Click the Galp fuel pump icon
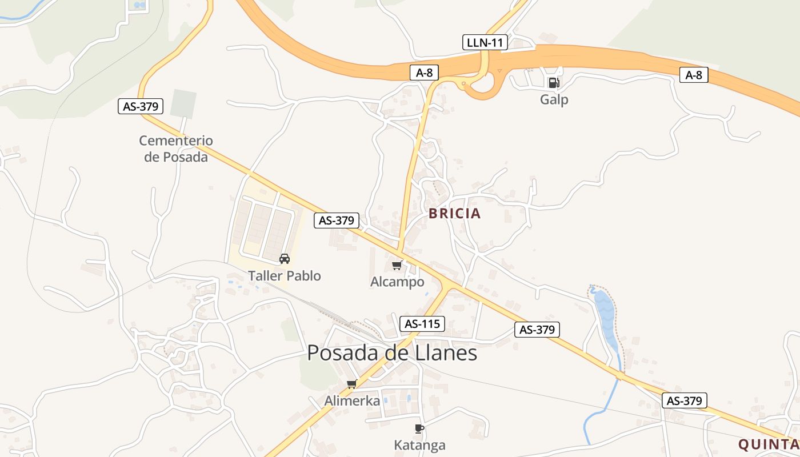coord(553,83)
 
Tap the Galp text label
coord(554,100)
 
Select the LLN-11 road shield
coord(485,42)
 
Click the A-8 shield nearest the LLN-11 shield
coord(424,73)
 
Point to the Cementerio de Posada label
coord(176,149)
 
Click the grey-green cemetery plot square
coord(183,103)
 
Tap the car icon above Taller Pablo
coord(285,259)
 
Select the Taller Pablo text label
coord(285,276)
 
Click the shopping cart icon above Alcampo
coord(397,265)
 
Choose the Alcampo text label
coord(397,282)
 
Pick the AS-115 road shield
coord(422,324)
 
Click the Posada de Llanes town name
coord(392,353)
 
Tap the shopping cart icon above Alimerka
coord(352,384)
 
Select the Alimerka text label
coord(352,401)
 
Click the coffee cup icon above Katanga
coord(419,428)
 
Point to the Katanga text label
coord(419,446)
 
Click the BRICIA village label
coord(455,214)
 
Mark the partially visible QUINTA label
coord(769,444)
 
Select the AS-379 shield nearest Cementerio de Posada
coord(141,106)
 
